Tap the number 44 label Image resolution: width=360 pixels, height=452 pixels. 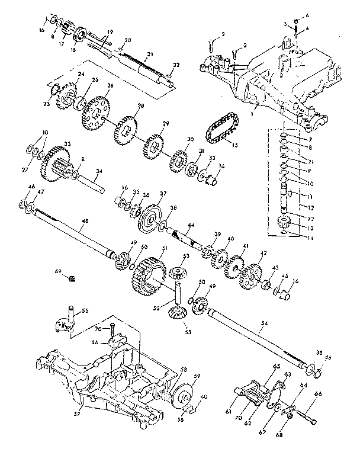click(191, 225)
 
